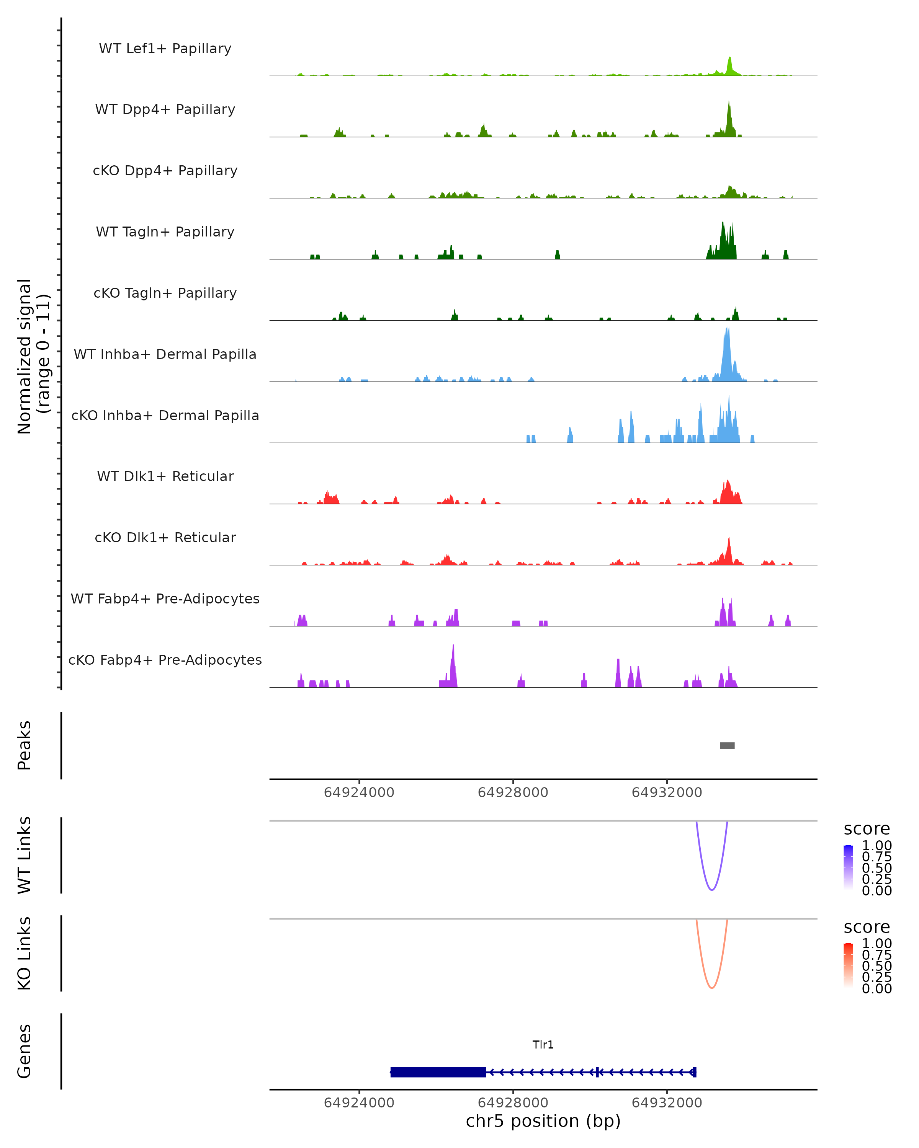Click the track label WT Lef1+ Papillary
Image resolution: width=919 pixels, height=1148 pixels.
165,49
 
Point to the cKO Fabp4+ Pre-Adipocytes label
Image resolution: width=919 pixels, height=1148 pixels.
165,660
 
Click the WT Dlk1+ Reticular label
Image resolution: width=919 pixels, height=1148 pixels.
165,476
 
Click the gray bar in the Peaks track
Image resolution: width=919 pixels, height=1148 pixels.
727,745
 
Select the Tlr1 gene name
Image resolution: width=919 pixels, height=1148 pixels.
543,1045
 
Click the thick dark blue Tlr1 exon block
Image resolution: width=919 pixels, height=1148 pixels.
438,1072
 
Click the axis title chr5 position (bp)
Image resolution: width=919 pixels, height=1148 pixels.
543,1121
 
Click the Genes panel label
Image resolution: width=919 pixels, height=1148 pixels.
24,1051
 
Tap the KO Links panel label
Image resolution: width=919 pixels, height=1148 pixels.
24,953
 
